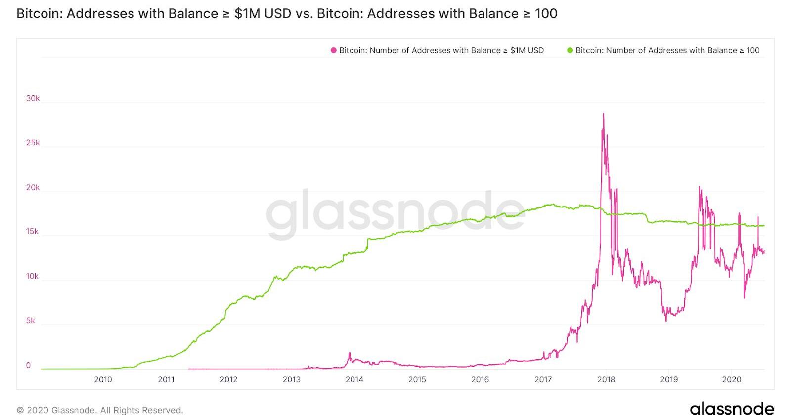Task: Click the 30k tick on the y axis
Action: [x=33, y=98]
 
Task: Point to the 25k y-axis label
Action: [x=33, y=143]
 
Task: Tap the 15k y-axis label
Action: [x=32, y=232]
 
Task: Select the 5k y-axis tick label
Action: [x=31, y=321]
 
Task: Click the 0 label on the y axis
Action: [x=28, y=366]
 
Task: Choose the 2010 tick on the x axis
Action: [x=103, y=379]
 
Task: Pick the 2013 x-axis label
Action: [x=291, y=379]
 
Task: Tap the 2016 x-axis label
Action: [x=480, y=379]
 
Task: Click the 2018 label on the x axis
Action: [x=606, y=379]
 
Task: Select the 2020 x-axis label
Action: [x=732, y=379]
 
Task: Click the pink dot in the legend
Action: [x=334, y=50]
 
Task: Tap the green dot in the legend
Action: [x=570, y=50]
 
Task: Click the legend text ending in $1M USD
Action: [x=441, y=50]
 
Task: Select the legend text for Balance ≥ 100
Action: [x=667, y=50]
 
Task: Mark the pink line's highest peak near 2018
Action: [x=604, y=114]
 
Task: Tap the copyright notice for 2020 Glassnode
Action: [x=100, y=410]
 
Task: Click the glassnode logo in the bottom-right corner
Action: [x=732, y=408]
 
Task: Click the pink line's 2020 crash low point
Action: [x=744, y=297]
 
